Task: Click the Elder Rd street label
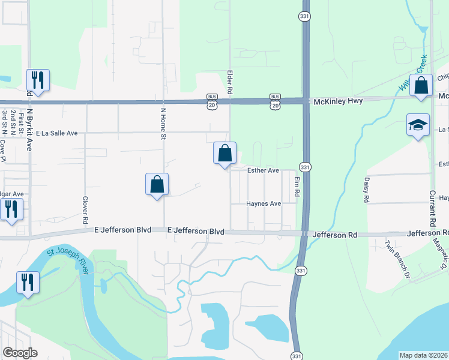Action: [x=229, y=82]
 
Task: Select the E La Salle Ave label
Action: [x=57, y=133]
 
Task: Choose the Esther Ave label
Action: [x=264, y=171]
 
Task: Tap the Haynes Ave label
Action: [x=264, y=204]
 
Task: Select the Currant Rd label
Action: [x=432, y=209]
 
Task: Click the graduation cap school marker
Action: [x=418, y=125]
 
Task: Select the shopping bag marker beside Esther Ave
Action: [x=224, y=153]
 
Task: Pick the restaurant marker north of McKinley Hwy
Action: [x=38, y=80]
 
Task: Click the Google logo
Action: [x=20, y=353]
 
